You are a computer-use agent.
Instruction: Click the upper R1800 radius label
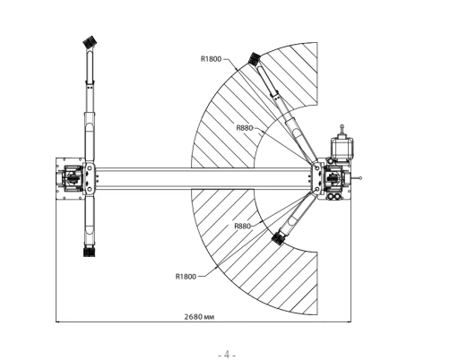point(212,59)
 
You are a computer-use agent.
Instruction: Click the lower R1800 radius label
point(186,277)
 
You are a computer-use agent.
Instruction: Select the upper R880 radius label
point(245,128)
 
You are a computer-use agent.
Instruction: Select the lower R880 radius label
point(242,226)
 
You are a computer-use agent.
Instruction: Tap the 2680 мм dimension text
point(199,316)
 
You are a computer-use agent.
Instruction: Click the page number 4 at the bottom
point(227,355)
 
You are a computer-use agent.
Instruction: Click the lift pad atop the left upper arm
point(90,42)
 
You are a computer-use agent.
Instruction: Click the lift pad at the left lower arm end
point(89,252)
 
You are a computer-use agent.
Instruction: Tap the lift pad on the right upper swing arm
point(255,59)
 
